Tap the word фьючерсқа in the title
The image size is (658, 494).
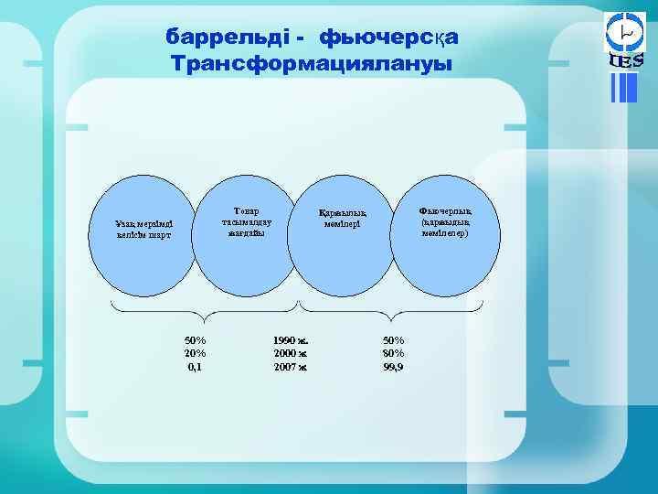pyautogui.click(x=387, y=37)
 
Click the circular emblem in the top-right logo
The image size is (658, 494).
pyautogui.click(x=626, y=32)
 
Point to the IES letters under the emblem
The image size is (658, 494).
pyautogui.click(x=626, y=61)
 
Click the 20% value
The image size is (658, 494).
pyautogui.click(x=195, y=353)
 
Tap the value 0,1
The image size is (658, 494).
pyautogui.click(x=195, y=367)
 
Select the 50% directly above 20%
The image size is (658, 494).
pyautogui.click(x=195, y=340)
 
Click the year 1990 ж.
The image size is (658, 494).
pyautogui.click(x=291, y=340)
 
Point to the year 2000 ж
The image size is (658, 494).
pyautogui.click(x=291, y=353)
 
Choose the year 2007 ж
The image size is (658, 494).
pyautogui.click(x=291, y=367)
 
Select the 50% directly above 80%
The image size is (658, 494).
pyautogui.click(x=393, y=340)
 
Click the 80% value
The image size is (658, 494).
pyautogui.click(x=393, y=353)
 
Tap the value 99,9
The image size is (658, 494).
pyautogui.click(x=393, y=367)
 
